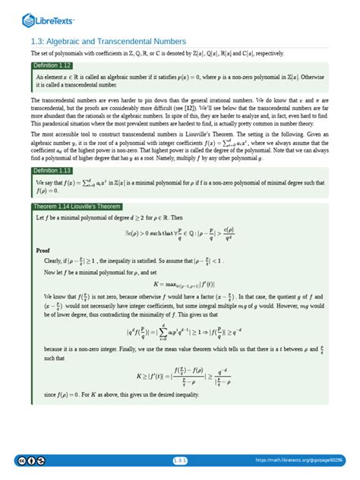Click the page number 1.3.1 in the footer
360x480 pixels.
[x=179, y=460]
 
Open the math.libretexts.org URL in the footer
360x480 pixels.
[x=299, y=460]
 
